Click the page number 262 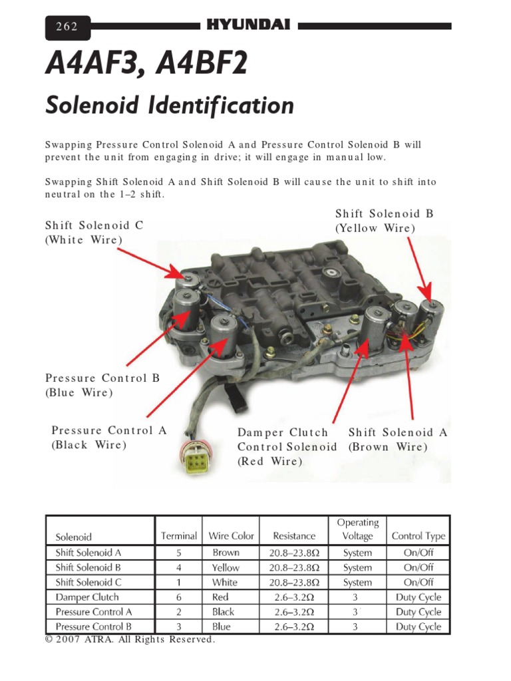coord(67,27)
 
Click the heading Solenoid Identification coord(169,106)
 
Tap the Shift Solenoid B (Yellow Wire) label coord(384,221)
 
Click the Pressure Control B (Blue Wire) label coord(102,385)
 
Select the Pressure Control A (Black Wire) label coord(108,438)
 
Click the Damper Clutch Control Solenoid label coord(287,446)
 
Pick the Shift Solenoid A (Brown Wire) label coord(397,440)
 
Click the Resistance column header coord(294,535)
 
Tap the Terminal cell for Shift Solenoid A coord(178,553)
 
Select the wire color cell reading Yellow coord(226,567)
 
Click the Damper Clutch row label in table coord(82,597)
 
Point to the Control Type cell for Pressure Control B coord(418,626)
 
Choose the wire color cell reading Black coord(223,612)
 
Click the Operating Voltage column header coord(357,529)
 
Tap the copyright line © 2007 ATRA coord(130,640)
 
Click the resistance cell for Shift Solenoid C coord(294,582)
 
